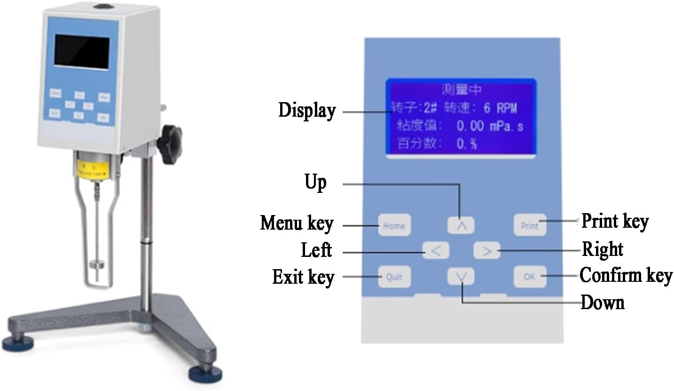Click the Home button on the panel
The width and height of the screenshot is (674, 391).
click(x=394, y=225)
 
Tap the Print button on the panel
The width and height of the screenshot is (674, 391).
click(x=529, y=225)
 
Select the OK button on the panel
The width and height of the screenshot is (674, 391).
click(x=529, y=277)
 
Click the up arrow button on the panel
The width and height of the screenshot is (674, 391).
click(x=461, y=225)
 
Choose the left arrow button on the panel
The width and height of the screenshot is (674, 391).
click(x=436, y=251)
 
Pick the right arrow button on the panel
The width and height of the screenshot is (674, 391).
click(x=486, y=251)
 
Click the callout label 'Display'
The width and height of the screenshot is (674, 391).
click(x=307, y=111)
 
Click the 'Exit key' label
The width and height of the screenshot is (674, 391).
click(x=303, y=277)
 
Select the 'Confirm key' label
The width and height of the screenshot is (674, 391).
click(x=626, y=275)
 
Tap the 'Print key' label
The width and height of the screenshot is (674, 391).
click(x=615, y=221)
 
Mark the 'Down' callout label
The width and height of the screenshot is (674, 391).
click(x=603, y=303)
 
